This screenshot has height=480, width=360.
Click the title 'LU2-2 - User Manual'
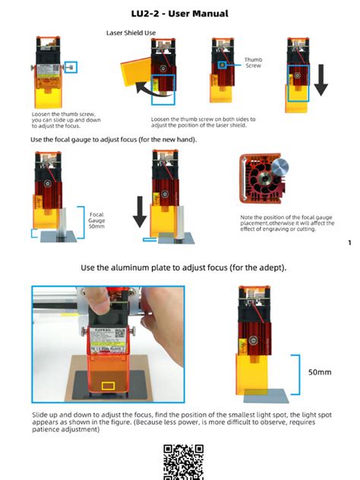pos(179,14)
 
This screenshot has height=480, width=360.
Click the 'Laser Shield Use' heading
pos(130,33)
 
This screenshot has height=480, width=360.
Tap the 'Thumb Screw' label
pos(253,62)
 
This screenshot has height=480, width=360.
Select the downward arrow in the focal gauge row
pos(139,211)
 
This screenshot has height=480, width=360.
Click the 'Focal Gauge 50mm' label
pos(96,220)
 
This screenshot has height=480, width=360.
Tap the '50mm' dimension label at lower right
pos(319,373)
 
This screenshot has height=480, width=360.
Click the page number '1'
pos(349,243)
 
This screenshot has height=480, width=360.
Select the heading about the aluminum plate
pos(183,268)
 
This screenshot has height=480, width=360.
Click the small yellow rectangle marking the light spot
pos(109,387)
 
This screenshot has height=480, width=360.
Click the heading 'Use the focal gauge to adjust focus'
pos(113,139)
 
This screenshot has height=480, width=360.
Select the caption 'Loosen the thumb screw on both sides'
pos(203,122)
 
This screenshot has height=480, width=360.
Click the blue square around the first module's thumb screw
pos(71,67)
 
